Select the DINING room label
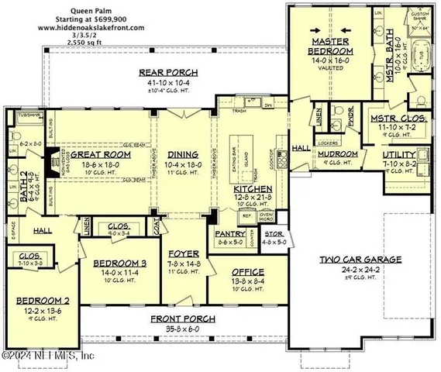[x=183, y=153]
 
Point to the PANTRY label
[x=233, y=234]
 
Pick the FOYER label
[x=184, y=253]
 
